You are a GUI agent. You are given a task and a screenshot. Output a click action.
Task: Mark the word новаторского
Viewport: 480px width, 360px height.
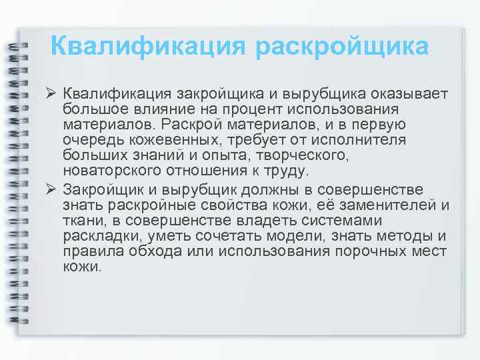113,171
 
